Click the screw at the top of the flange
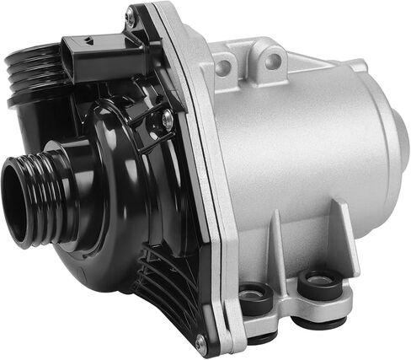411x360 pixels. (x=130, y=16)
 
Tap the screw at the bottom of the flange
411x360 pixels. (x=200, y=341)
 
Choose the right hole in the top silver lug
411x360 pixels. (x=272, y=58)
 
